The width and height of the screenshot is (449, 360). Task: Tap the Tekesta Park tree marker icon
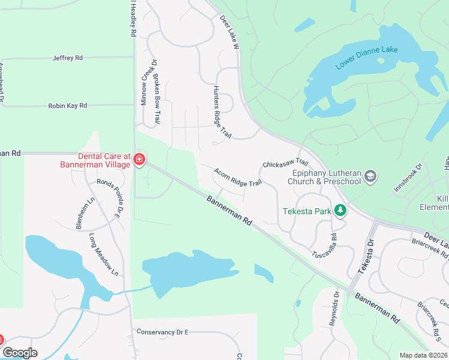(x=341, y=211)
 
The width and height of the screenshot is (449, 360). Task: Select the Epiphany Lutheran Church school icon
(x=370, y=176)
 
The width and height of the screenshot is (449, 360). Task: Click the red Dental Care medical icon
(x=139, y=159)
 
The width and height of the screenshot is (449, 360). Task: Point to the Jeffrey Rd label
(x=67, y=58)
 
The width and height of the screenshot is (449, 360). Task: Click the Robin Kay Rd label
(x=67, y=106)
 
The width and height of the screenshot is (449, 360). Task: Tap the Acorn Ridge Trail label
(x=238, y=177)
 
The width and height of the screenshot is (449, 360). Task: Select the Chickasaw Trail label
(x=285, y=163)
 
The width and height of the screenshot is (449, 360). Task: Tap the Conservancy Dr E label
(x=162, y=332)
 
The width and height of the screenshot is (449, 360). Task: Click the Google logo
(x=20, y=353)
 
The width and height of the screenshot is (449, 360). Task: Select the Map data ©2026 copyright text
(x=424, y=355)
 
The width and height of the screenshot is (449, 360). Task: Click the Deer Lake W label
(x=229, y=33)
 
